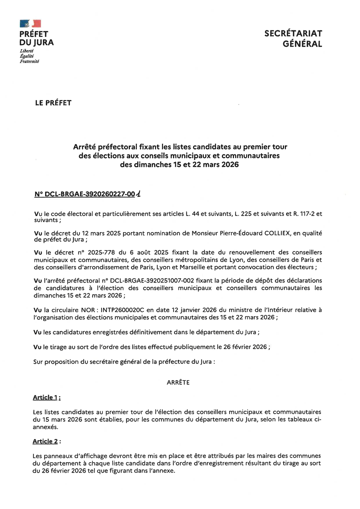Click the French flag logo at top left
(30, 24)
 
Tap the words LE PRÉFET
(53, 103)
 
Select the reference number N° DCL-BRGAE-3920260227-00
(85, 195)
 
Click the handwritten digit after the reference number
(138, 194)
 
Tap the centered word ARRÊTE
(178, 383)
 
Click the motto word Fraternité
(29, 61)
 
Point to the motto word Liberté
(26, 51)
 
